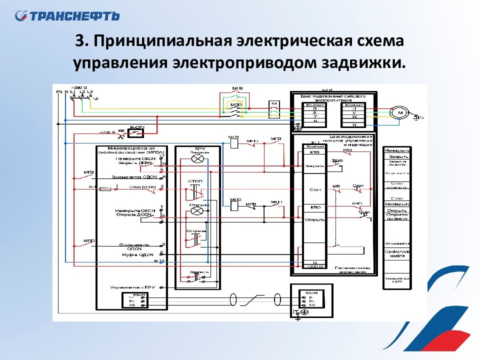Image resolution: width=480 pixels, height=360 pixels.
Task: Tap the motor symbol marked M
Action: coord(400,113)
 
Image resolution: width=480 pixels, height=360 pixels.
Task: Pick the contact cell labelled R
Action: coord(315,109)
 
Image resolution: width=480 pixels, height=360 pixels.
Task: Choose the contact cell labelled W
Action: coord(354,117)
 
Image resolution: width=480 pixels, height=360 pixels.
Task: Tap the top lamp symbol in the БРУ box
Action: coord(198,158)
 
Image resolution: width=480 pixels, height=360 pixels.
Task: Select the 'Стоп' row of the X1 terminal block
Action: coord(315,190)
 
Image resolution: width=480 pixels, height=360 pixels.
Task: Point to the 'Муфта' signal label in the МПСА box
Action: coord(134,255)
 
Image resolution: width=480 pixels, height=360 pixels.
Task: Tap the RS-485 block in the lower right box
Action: coord(311,298)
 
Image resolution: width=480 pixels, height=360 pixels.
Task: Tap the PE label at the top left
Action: coord(59,92)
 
